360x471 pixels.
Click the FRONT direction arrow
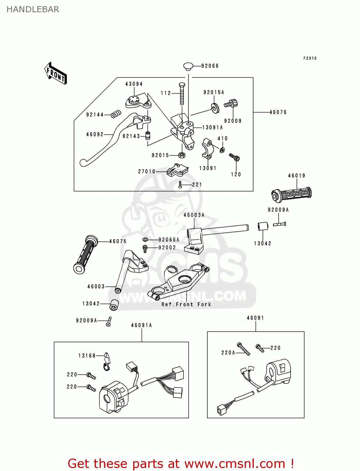(x=56, y=73)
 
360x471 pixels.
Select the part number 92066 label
(x=210, y=66)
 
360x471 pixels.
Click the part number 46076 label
(x=278, y=112)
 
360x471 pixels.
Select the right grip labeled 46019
(x=292, y=193)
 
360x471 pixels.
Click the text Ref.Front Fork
(x=186, y=304)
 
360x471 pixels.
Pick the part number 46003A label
(x=194, y=215)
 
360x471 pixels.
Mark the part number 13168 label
(x=87, y=356)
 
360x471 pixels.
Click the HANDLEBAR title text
(x=33, y=9)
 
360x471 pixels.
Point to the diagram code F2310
(x=310, y=58)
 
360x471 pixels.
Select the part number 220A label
(x=228, y=353)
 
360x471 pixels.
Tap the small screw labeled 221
(x=180, y=185)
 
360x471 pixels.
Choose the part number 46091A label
(x=141, y=325)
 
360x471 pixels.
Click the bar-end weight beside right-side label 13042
(x=263, y=226)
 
